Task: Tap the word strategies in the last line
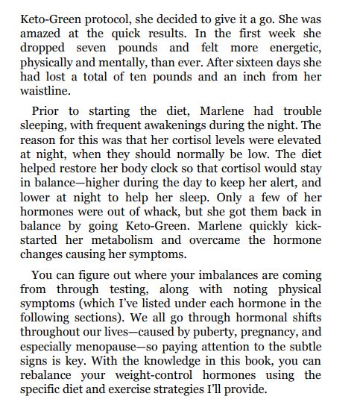(x=185, y=397)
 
